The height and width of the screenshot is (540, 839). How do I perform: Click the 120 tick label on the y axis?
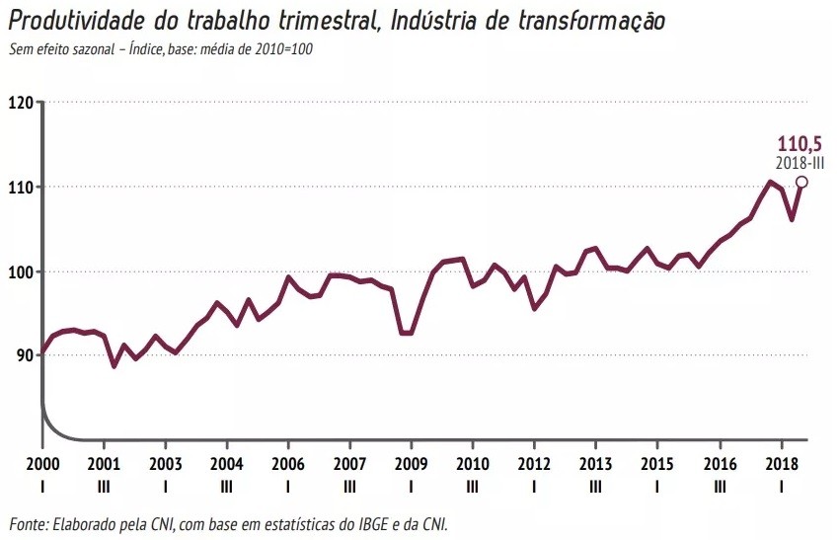[x=21, y=103]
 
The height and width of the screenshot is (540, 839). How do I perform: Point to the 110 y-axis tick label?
[x=21, y=187]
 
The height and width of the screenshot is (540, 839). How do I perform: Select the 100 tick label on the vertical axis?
[x=21, y=271]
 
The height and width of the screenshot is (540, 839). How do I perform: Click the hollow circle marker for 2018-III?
[x=801, y=182]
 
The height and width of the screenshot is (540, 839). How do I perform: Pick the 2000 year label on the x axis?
[x=42, y=464]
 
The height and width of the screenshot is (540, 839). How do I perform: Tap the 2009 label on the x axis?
[x=412, y=464]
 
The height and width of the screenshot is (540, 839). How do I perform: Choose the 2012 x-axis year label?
[x=534, y=464]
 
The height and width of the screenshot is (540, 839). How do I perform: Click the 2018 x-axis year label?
[x=781, y=464]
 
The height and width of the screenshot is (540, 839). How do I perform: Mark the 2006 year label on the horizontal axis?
[x=288, y=464]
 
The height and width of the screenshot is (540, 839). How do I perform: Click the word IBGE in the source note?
[x=362, y=522]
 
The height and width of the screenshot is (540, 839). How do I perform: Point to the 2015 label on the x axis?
[x=657, y=464]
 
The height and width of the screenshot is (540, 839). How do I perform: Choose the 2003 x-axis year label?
[x=165, y=464]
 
